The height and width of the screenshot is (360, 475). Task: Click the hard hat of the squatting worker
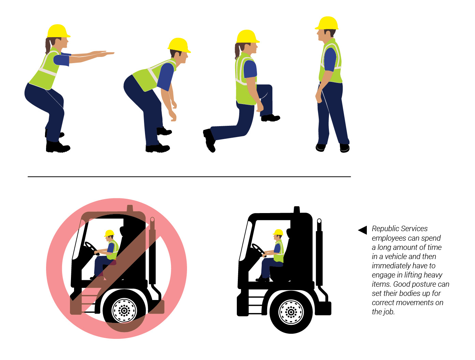pos(58,31)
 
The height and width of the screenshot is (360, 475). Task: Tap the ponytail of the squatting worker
pos(48,46)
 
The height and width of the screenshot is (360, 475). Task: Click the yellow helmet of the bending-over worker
pos(179,45)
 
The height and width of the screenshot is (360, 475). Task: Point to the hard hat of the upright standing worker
pos(327,23)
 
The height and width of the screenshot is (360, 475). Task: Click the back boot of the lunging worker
pos(210,140)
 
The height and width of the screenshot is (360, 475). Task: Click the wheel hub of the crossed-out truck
pos(124,311)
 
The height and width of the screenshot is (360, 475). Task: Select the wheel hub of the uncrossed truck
pos(291,312)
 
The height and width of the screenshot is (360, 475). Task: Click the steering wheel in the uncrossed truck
pos(258,250)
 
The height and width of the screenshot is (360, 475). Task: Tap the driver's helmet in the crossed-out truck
pos(109,233)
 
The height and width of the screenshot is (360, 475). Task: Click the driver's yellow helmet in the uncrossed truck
pos(278,232)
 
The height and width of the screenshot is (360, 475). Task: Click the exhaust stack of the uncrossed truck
pos(319,252)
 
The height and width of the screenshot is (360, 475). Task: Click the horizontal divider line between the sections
pos(189,177)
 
